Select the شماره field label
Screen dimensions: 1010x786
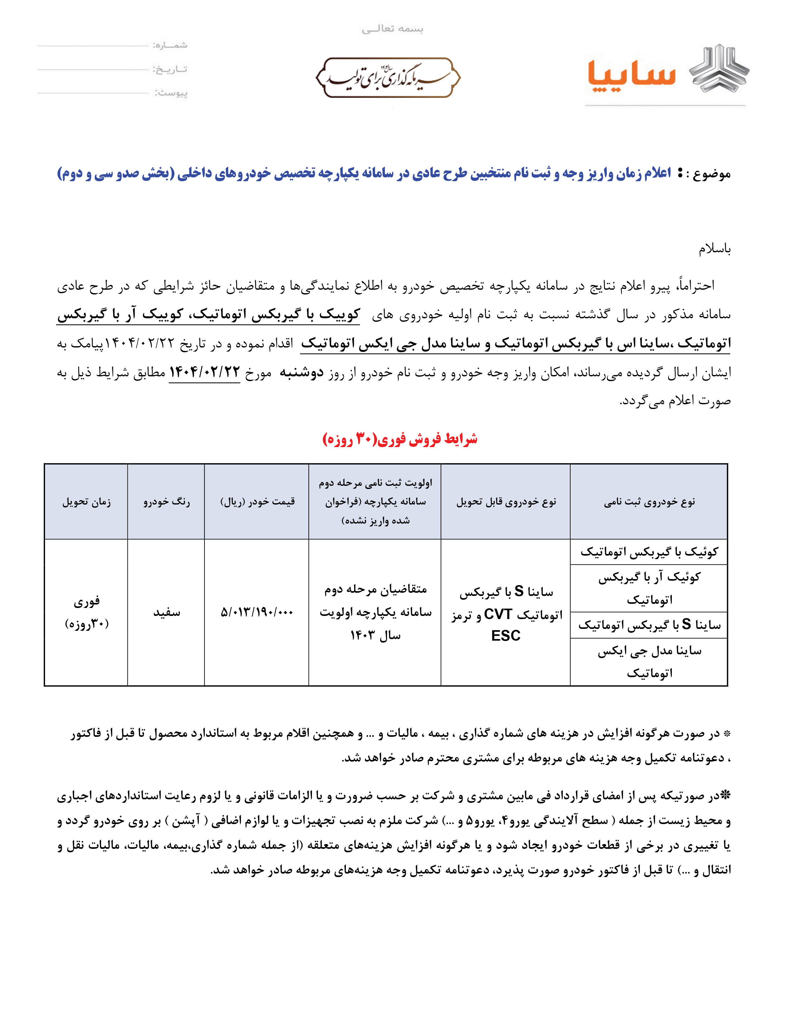coord(171,45)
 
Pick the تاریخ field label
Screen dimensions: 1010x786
coord(171,69)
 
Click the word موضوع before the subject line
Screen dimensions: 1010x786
coord(712,174)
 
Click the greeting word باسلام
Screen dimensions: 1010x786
coord(714,250)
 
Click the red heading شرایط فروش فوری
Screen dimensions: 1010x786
coord(400,439)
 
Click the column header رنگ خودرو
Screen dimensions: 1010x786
coord(166,502)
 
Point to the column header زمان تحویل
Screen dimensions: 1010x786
coord(87,502)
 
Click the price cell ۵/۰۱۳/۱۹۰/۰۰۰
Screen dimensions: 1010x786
coord(257,612)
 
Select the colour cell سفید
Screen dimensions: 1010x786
coord(166,613)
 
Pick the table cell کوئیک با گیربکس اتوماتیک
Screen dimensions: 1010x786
coord(649,552)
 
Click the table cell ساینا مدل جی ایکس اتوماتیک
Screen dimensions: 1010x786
coord(649,662)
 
